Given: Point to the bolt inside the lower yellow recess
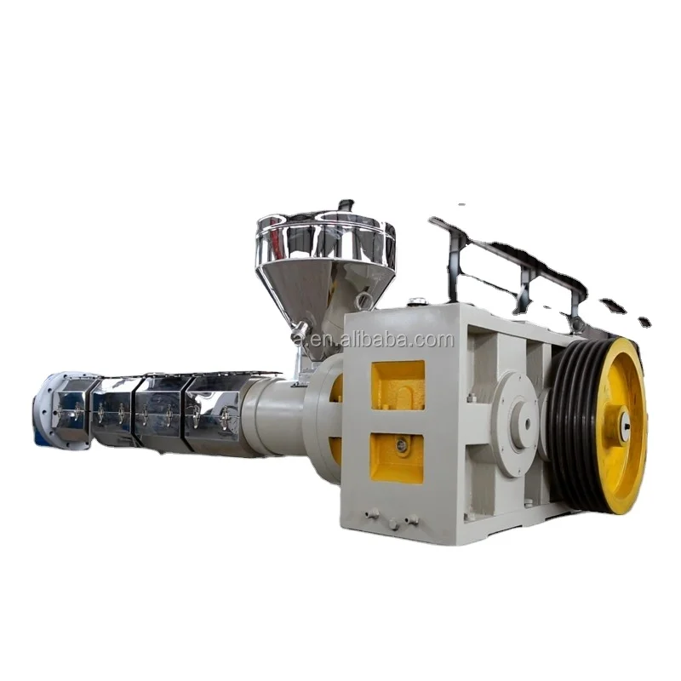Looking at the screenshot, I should pos(402,445).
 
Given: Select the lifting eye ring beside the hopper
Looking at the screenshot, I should pos(364,300).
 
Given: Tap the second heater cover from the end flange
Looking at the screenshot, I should pos(115,413).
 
